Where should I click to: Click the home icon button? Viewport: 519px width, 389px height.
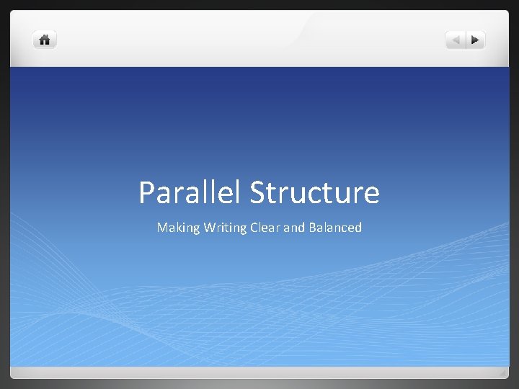[45, 40]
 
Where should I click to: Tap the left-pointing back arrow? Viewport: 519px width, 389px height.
[455, 40]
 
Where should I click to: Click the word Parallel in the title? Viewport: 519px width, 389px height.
[190, 192]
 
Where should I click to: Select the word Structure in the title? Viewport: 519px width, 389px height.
[314, 192]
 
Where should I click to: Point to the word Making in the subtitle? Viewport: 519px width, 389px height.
[178, 228]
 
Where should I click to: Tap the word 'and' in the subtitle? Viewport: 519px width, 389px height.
[294, 228]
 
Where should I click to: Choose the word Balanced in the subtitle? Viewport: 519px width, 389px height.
[334, 228]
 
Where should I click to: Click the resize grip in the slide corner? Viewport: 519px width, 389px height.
[502, 372]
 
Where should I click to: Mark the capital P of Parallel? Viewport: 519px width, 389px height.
[146, 192]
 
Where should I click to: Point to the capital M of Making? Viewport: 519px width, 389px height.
[162, 228]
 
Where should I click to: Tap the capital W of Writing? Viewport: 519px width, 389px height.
[210, 228]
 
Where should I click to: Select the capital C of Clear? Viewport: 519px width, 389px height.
[254, 228]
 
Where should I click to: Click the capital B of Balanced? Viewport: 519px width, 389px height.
[311, 228]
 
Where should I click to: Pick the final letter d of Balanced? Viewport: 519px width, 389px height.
[358, 228]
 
